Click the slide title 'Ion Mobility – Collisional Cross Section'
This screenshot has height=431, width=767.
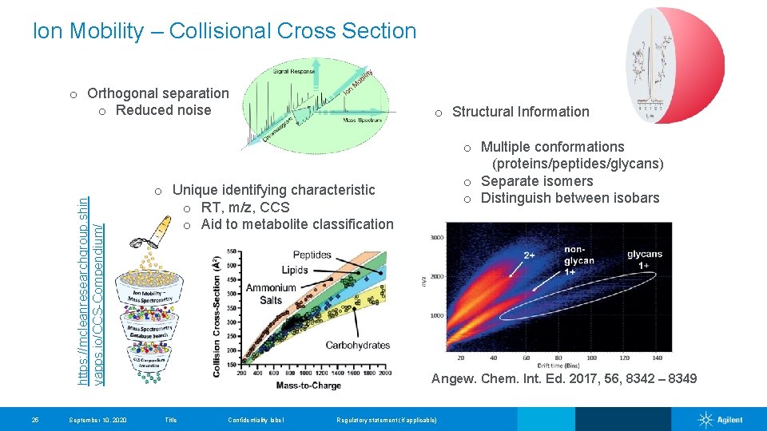225,31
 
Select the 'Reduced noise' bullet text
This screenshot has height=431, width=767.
163,110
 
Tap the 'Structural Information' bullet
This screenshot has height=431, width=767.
520,112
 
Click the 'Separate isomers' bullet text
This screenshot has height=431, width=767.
537,181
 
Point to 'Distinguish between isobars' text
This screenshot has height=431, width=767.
570,198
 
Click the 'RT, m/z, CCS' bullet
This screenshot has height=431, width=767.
245,208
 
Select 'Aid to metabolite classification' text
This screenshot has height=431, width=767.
296,224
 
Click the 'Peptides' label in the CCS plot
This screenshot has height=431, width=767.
312,255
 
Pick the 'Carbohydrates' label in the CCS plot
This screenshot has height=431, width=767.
357,345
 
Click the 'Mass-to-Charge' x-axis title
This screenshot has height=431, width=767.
308,386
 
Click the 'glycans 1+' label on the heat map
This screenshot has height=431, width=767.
644,261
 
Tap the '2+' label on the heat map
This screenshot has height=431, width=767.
530,255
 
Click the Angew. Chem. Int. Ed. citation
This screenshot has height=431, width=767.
563,378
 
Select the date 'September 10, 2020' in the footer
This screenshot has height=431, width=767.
97,420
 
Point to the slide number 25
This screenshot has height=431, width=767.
35,420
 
